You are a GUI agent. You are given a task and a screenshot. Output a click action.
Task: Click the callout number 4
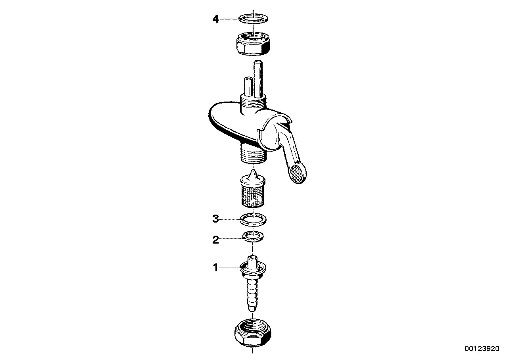pyautogui.click(x=215, y=19)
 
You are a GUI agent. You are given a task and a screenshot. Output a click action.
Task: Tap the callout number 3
pyautogui.click(x=215, y=219)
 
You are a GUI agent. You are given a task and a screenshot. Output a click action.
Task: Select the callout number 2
pyautogui.click(x=215, y=240)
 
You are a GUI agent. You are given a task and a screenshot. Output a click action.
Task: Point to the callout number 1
pyautogui.click(x=215, y=267)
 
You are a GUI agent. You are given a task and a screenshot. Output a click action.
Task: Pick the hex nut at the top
pyautogui.click(x=253, y=44)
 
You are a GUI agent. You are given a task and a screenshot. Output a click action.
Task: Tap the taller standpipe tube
pyautogui.click(x=258, y=79)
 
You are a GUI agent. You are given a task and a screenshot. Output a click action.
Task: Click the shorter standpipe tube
pyautogui.click(x=248, y=86)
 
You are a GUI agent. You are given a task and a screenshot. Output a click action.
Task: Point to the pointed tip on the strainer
pyautogui.click(x=253, y=172)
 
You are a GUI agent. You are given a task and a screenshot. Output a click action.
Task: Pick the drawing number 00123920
pyautogui.click(x=482, y=348)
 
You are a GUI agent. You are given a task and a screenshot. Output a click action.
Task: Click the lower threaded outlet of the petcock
pyautogui.click(x=253, y=154)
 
